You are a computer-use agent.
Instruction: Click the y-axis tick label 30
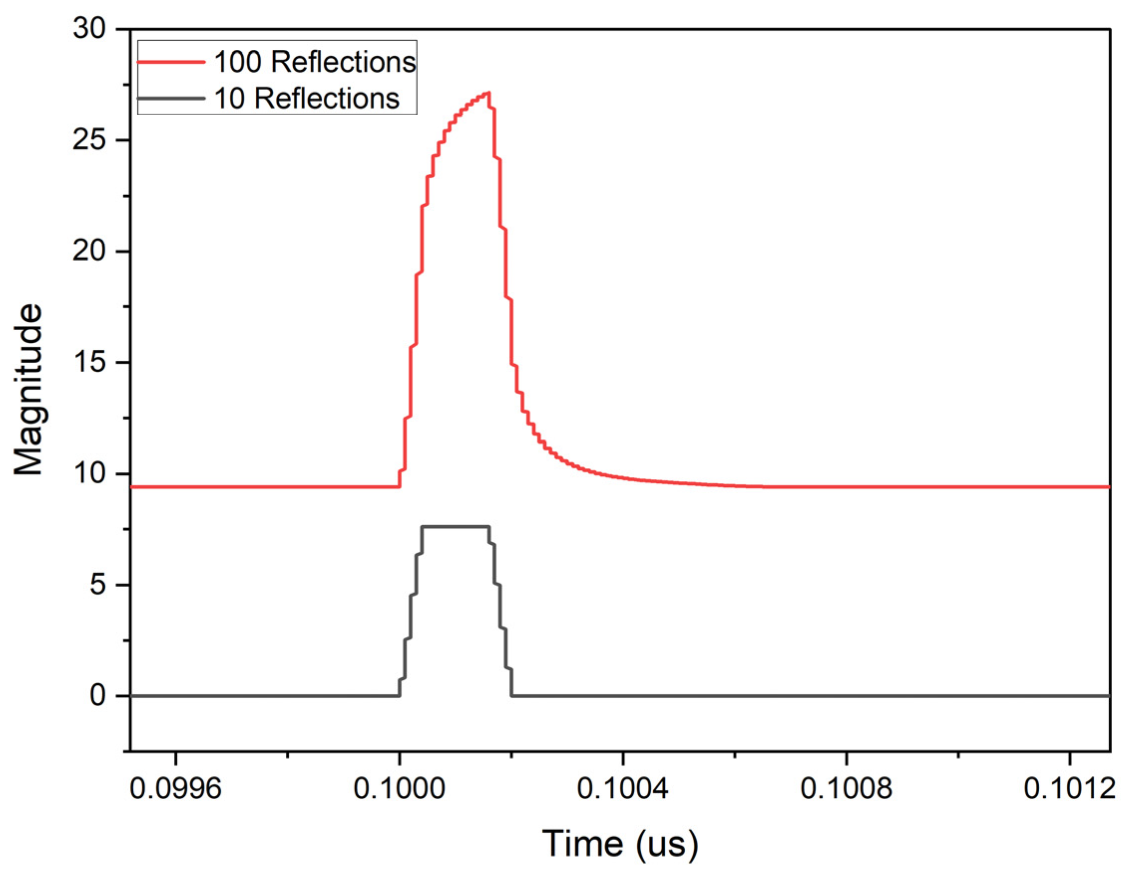(x=89, y=28)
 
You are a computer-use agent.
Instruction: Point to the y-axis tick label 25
(x=89, y=140)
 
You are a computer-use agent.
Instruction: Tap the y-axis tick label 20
(x=89, y=251)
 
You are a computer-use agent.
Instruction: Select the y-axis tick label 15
(x=89, y=362)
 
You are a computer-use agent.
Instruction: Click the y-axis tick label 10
(x=89, y=474)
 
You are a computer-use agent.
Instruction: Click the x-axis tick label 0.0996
(x=175, y=789)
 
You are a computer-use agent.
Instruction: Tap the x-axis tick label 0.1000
(x=398, y=789)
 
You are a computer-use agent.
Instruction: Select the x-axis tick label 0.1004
(x=622, y=789)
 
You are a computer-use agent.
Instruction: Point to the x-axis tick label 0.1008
(x=846, y=789)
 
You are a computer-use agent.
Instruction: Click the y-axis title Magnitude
(x=28, y=389)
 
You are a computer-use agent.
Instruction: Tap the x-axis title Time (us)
(x=620, y=844)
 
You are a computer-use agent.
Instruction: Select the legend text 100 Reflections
(x=315, y=62)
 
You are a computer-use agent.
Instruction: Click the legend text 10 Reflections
(x=306, y=98)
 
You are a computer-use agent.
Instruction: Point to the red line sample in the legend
(x=171, y=62)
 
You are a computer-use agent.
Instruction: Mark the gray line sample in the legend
(x=171, y=98)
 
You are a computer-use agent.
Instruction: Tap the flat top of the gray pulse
(x=455, y=527)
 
